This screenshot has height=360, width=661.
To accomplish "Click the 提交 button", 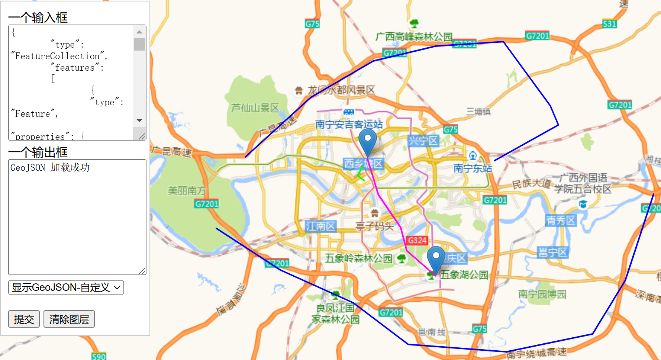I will pos(24,319).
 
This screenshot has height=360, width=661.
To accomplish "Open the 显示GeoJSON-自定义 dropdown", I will pos(66,287).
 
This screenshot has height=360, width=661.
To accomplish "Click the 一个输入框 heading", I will pos(38,17).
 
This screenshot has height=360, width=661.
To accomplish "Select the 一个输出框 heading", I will pos(38,152).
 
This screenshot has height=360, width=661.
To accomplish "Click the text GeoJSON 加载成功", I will pos(50,167).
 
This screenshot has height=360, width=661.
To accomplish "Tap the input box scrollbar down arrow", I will pos(139,120).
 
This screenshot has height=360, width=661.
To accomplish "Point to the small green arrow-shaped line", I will pos(360,174).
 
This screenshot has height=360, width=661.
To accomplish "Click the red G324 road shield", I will pos(417,240).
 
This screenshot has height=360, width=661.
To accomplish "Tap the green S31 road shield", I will pos(609,24).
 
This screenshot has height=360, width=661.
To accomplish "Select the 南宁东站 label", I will pos(473,168).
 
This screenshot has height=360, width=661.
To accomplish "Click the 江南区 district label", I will pos(320,226).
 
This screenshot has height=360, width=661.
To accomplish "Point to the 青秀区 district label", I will pos(560,221).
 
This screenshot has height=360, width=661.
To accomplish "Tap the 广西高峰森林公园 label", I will pos(414,37).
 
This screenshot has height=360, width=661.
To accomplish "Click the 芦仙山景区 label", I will pos(255,108).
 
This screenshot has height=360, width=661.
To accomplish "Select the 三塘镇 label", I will pos(478,112).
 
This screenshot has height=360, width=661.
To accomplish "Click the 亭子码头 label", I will pos(374,226).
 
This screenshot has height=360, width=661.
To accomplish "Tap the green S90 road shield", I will pos(99,356).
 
